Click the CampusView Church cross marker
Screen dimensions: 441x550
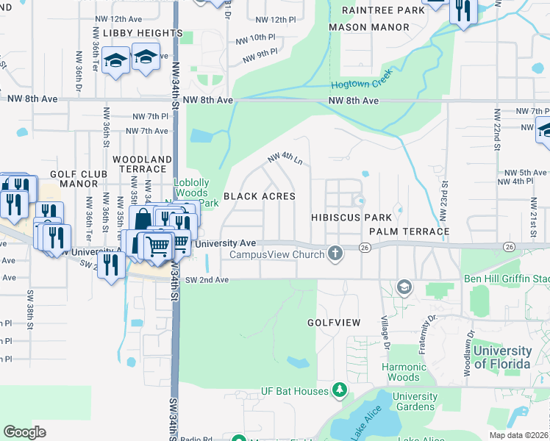[335, 254]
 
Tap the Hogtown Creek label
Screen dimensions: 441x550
[362, 80]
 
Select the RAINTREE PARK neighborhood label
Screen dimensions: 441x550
[383, 10]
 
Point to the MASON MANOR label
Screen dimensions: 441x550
[368, 27]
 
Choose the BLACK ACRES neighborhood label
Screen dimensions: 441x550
[259, 196]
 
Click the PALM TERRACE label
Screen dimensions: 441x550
[409, 232]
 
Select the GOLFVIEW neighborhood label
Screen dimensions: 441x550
[334, 323]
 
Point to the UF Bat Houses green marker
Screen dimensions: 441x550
[339, 389]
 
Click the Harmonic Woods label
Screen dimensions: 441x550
[404, 372]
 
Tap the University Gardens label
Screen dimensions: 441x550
[415, 401]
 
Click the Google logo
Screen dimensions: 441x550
[24, 431]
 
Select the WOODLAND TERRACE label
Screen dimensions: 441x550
[142, 164]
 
